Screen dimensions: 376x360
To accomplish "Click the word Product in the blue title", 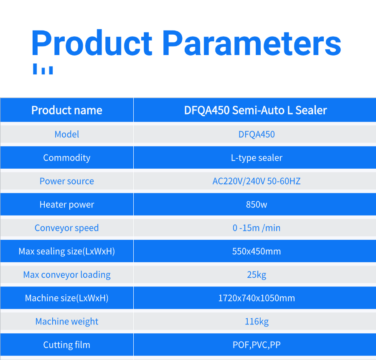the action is tap(91, 43).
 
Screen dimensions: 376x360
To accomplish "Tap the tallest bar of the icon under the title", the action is tap(35, 69).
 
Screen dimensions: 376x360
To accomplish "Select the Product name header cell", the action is tap(67, 110).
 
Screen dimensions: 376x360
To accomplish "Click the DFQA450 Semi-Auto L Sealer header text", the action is tap(255, 110).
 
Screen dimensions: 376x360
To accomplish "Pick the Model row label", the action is tap(67, 134).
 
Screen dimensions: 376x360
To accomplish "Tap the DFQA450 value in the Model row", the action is tap(257, 134).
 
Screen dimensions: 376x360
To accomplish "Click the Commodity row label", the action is tap(67, 158).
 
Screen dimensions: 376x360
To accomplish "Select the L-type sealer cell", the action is tap(257, 158).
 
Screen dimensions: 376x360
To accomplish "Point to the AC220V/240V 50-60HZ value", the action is tap(257, 181).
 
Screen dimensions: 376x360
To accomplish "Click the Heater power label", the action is tap(67, 205).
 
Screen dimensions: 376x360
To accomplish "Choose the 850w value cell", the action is tap(257, 205).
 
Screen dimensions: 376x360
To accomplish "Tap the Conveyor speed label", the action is tap(67, 228).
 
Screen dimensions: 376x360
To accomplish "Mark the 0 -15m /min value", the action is tap(257, 228).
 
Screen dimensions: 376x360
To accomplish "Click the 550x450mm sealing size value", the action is tap(257, 251).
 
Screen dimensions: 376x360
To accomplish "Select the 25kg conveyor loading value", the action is tap(257, 275).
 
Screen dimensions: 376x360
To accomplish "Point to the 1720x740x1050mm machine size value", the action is tap(257, 298).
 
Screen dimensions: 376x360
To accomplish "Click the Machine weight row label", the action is tap(67, 322).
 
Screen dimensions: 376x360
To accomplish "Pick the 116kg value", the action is tap(257, 322).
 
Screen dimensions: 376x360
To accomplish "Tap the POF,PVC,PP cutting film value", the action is tap(257, 345).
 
